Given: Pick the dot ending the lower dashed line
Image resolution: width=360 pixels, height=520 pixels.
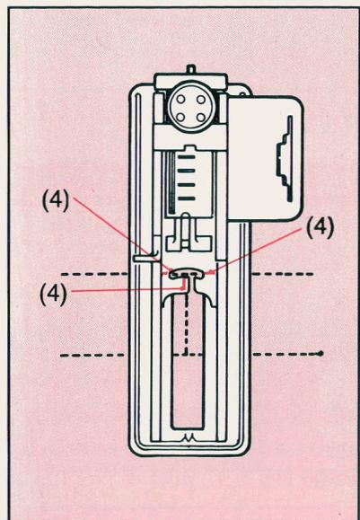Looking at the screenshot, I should (x=321, y=355).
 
